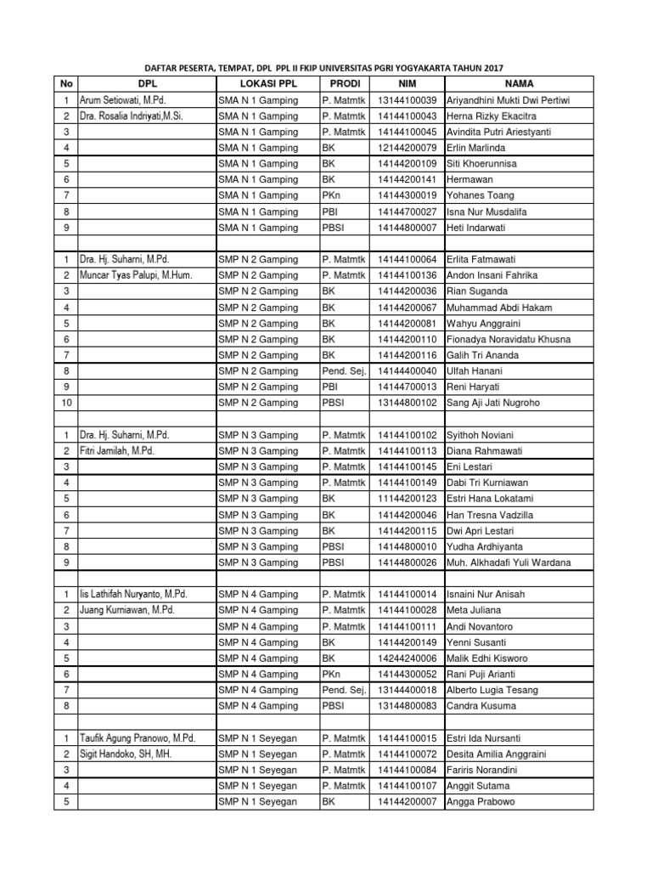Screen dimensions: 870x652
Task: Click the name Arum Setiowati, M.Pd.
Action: click(x=123, y=100)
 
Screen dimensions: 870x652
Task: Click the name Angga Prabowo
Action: click(x=481, y=801)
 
